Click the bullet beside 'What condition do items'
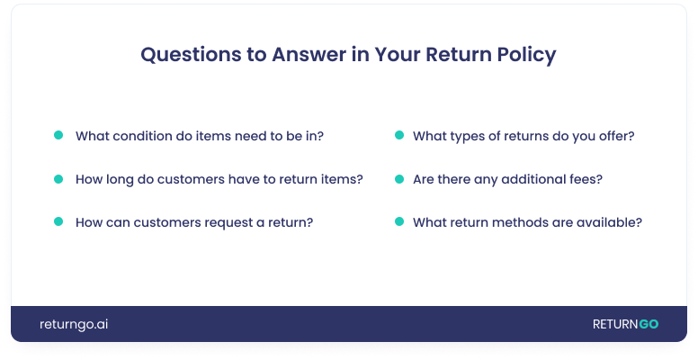tap(58, 135)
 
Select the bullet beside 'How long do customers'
tap(58, 178)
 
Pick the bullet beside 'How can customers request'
tap(58, 221)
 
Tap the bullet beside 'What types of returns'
tap(398, 135)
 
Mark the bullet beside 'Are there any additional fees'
tap(398, 178)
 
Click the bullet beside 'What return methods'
tap(398, 221)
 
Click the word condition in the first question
tap(144, 136)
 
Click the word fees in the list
tap(586, 179)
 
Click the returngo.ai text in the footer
tap(74, 324)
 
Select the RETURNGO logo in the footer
tap(625, 324)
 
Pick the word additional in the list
tap(538, 179)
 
